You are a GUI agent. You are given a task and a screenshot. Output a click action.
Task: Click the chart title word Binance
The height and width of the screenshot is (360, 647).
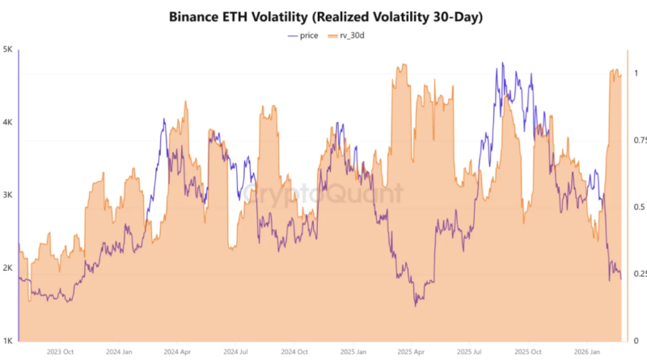197,16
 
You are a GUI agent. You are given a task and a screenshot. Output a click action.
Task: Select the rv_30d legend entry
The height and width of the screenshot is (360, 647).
354,35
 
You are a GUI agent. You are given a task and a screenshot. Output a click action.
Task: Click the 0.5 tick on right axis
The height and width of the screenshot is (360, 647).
636,207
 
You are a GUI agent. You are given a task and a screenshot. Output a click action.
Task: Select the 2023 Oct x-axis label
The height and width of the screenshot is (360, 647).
61,352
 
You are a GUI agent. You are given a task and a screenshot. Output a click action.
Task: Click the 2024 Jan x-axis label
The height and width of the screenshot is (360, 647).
120,352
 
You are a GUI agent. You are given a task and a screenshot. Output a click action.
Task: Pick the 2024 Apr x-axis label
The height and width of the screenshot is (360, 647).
178,352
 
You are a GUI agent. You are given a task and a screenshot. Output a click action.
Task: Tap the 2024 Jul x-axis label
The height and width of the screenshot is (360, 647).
236,352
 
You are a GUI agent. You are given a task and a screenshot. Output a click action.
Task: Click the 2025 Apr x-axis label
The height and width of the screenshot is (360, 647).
411,352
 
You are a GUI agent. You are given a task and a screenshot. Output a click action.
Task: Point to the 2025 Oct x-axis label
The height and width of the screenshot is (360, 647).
528,352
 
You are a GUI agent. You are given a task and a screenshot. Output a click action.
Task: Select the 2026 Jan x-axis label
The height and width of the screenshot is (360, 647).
586,352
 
